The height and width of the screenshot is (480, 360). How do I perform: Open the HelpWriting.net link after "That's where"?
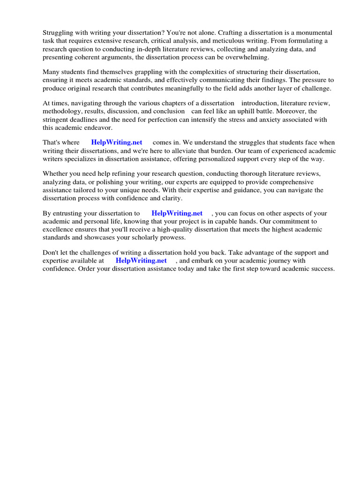(116, 142)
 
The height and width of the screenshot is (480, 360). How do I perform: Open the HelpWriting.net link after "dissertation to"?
(177, 213)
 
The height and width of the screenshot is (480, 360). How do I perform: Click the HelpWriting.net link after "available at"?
(141, 261)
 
